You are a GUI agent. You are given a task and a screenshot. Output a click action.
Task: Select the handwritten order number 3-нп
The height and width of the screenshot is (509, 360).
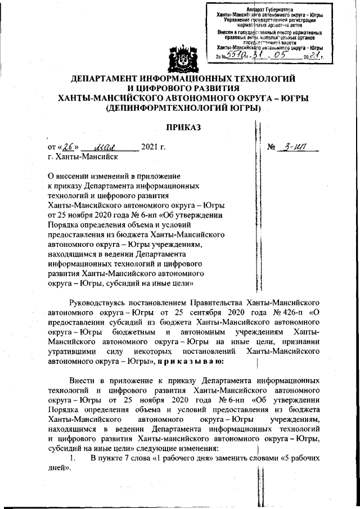(x=294, y=148)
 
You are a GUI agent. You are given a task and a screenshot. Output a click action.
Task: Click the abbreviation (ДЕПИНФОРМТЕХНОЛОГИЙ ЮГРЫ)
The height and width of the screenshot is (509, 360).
(x=180, y=107)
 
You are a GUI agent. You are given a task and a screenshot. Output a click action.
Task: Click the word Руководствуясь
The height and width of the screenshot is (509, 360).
(x=100, y=300)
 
